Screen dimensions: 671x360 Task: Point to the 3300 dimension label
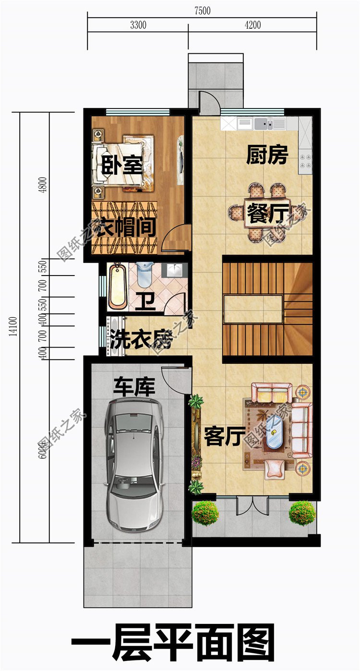tap(138, 25)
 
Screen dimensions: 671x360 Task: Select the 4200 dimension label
tap(252, 25)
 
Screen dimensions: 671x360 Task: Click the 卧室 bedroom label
tap(122, 166)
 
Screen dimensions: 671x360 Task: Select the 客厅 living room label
tap(222, 437)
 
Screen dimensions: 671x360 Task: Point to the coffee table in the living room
tap(275, 437)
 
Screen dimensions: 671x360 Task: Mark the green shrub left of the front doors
tap(205, 513)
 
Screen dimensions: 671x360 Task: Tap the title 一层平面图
tap(173, 643)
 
